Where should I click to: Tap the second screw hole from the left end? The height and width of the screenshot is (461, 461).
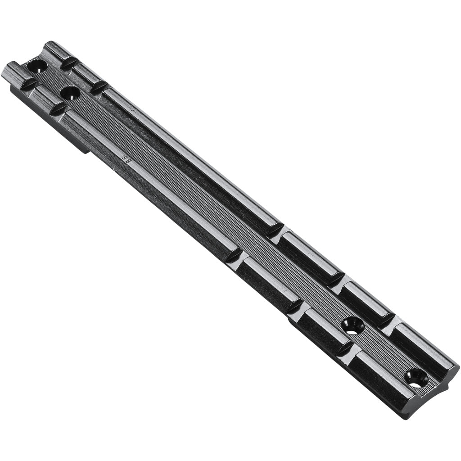(70, 93)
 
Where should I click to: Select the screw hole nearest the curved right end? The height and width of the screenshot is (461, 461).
(415, 378)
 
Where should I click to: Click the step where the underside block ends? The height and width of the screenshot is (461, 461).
(86, 149)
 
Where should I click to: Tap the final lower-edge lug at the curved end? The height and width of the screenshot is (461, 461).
(383, 378)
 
